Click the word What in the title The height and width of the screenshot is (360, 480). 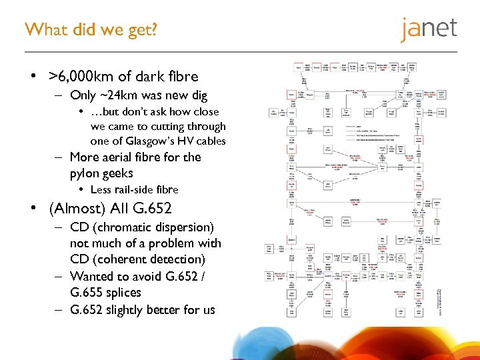[43, 29]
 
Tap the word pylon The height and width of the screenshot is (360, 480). [85, 173]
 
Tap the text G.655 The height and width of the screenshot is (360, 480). [87, 293]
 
